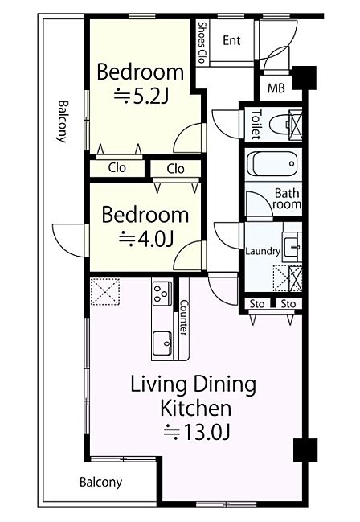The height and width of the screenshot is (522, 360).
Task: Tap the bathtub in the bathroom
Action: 272,164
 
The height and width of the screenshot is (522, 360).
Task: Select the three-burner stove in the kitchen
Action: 162,293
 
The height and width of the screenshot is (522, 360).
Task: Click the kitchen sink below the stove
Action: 162,343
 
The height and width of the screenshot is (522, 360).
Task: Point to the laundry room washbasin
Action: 292,247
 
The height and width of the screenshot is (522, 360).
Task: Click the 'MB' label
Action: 276,88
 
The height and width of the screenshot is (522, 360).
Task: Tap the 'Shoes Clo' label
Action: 201,43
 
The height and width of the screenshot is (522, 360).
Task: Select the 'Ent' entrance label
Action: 231,40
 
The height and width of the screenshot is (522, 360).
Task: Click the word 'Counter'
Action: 184,318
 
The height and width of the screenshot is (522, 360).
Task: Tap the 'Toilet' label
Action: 256,124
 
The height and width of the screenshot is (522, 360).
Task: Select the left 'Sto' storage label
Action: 257,304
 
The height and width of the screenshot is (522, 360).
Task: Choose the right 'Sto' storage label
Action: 288,304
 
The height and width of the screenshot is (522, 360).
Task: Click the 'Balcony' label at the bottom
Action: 100,482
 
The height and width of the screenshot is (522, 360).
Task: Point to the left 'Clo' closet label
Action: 117,168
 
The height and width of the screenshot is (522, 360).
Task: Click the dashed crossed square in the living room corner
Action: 105,292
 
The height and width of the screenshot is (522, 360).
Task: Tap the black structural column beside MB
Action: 305,78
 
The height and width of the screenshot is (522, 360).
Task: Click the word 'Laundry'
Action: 263,251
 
